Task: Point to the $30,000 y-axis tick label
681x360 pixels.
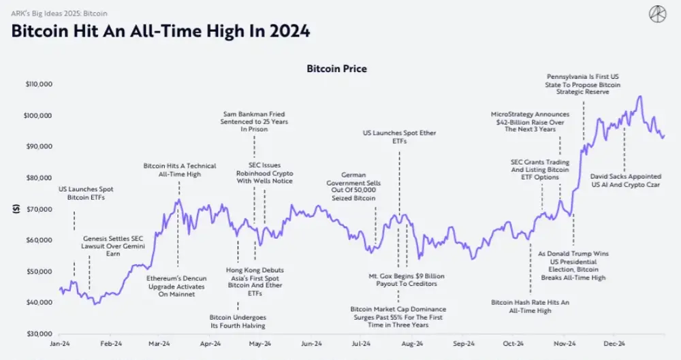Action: tap(40, 333)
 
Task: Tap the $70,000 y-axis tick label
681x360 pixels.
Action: tap(40, 209)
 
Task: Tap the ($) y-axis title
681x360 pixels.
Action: tap(15, 209)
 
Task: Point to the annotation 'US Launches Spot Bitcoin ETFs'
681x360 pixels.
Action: tap(86, 193)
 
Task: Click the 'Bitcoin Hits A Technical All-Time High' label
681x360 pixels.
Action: tap(180, 170)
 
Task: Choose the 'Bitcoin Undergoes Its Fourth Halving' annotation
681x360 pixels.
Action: tap(238, 321)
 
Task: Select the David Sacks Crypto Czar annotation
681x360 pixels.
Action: tap(624, 180)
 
